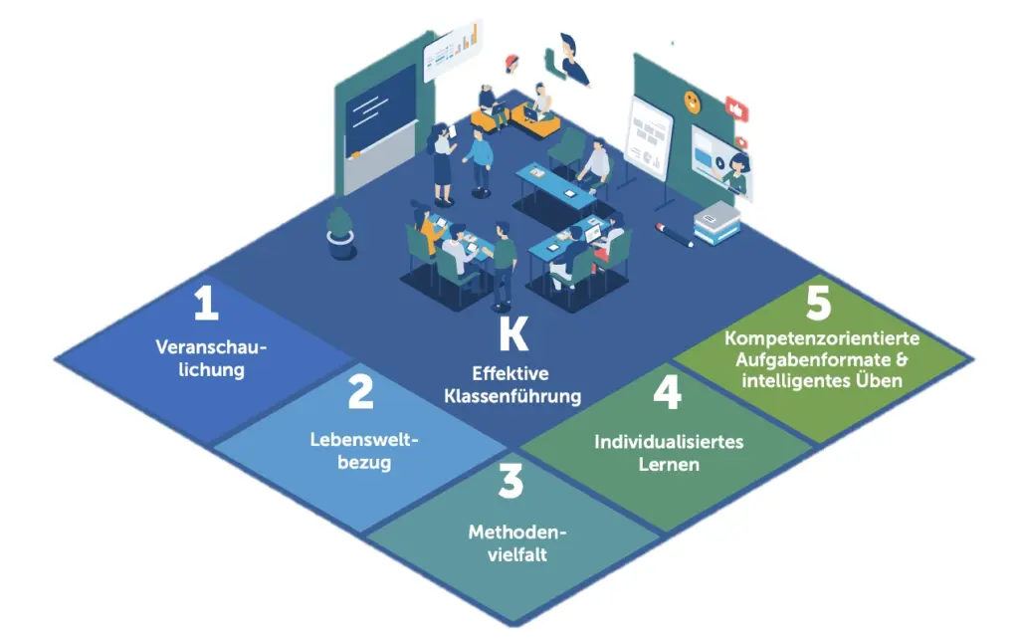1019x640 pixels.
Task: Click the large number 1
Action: click(206, 305)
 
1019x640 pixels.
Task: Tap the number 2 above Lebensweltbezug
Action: click(360, 392)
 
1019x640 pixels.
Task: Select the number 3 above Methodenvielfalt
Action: click(509, 482)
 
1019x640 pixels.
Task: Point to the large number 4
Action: click(667, 392)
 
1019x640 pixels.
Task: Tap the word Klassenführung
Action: click(513, 395)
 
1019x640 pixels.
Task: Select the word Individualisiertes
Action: click(669, 441)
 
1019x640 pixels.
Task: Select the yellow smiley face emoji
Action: click(691, 100)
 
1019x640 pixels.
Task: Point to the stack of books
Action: click(716, 224)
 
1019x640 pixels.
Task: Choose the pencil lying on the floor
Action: click(675, 235)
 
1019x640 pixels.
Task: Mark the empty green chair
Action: click(569, 150)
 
